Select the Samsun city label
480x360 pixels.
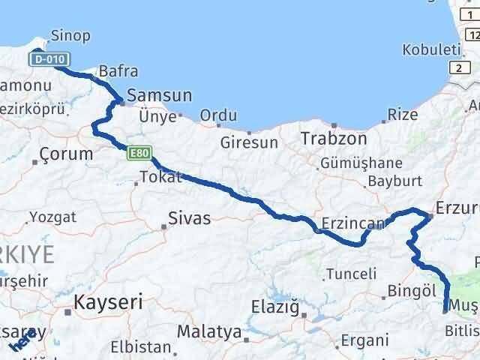160,96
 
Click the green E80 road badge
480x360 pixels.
137,152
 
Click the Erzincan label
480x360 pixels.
352,223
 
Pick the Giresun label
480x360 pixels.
249,142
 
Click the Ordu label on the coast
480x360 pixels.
219,115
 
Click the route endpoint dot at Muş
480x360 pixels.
445,307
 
